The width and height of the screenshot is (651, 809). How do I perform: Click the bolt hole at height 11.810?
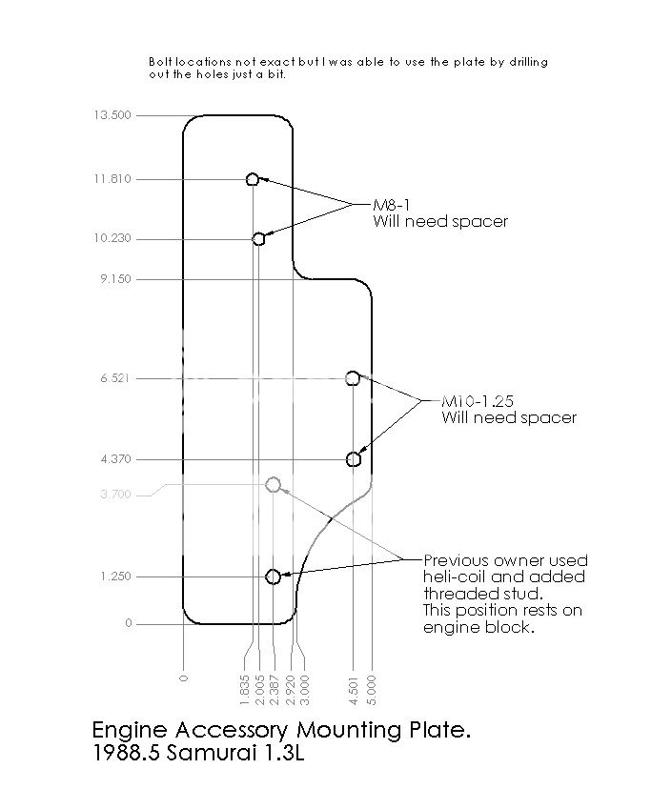point(253,179)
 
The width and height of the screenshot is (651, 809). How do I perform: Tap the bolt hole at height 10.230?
point(258,238)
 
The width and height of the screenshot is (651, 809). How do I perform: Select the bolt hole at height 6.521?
point(353,378)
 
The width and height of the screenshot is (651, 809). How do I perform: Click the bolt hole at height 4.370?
point(354,459)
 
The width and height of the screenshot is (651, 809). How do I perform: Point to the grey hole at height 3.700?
point(274,485)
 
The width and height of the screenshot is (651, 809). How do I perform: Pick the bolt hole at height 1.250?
point(274,576)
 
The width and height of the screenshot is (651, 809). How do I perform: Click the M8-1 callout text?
point(391,205)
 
